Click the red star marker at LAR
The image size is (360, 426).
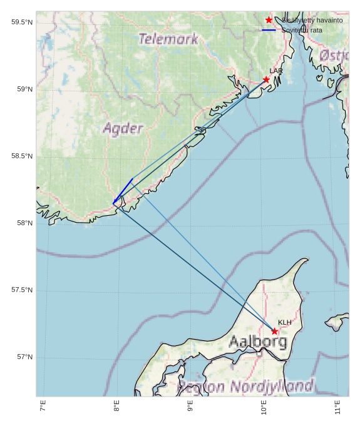[x=266, y=79]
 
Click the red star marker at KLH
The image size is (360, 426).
[x=275, y=331]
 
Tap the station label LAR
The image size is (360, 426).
[x=276, y=71]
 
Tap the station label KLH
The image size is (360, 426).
[x=285, y=322]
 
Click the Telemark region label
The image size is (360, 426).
[x=168, y=39]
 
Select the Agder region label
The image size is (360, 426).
[x=123, y=129]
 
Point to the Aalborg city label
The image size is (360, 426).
[x=258, y=342]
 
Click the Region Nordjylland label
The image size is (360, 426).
[x=245, y=386]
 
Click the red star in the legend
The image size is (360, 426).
[x=269, y=20]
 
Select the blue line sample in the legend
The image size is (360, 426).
[x=269, y=30]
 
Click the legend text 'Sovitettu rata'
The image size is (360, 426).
[x=302, y=30]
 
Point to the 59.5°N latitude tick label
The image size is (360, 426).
[x=21, y=23]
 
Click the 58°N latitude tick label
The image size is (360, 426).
[x=24, y=223]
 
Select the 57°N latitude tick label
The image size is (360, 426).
[x=24, y=357]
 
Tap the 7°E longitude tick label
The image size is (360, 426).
[x=43, y=407]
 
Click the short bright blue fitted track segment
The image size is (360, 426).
[x=123, y=191]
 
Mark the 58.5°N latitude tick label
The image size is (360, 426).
[x=21, y=156]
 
